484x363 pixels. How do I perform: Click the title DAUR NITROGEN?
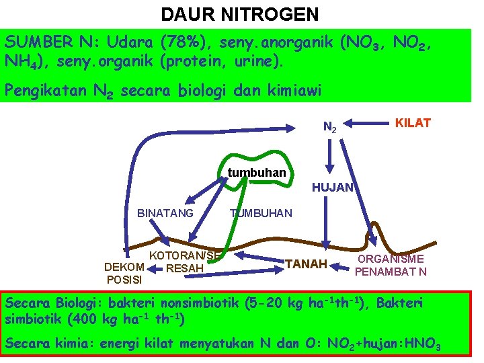point(240,14)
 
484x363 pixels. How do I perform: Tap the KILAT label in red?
point(413,122)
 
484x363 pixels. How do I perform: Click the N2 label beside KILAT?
point(330,126)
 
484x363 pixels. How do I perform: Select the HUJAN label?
point(332,188)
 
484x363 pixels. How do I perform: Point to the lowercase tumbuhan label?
point(257,173)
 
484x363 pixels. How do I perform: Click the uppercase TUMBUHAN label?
point(261,213)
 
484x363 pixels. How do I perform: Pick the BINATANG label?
point(165,213)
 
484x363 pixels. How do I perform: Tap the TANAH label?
point(306,264)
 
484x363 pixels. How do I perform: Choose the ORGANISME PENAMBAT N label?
point(391,266)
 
